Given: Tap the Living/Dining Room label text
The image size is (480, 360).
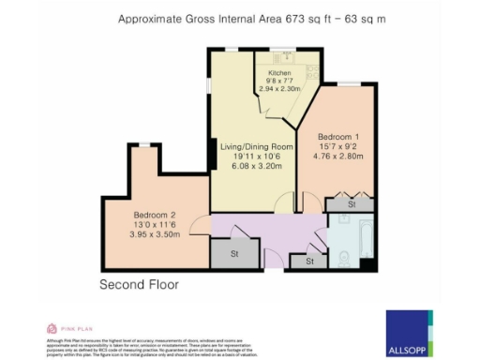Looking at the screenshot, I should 256,147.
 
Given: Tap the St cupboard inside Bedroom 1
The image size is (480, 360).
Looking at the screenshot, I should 352,202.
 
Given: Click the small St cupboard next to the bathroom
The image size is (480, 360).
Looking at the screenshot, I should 309,262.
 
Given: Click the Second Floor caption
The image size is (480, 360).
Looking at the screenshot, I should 139,283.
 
